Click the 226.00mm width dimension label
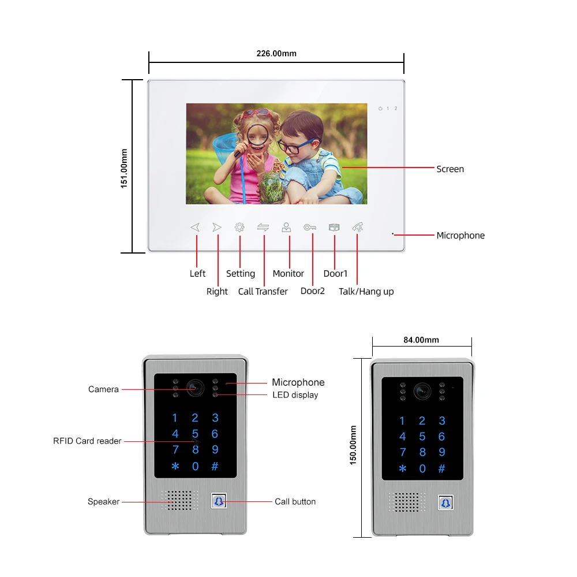pos(276,54)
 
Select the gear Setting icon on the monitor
pos(239,228)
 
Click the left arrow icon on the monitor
pos(195,228)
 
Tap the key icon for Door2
pos(310,228)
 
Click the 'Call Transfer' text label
pos(263,292)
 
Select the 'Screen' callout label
pos(450,169)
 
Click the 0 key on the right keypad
pos(422,469)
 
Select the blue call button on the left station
pos(219,501)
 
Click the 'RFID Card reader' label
pos(87,441)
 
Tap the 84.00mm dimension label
pos(421,340)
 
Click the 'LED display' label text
pos(295,395)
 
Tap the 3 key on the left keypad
pos(215,418)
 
